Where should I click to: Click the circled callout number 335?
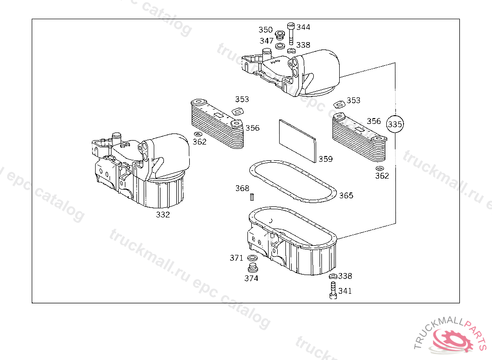click(395, 124)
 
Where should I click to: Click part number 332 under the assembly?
click(163, 215)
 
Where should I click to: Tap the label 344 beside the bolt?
click(303, 27)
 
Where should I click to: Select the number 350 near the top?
click(265, 30)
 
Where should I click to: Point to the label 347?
click(267, 41)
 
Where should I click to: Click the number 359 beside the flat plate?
click(325, 159)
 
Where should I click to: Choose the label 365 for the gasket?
click(346, 195)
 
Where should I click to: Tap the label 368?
click(242, 188)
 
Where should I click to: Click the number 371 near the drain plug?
click(236, 258)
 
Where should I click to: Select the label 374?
click(251, 278)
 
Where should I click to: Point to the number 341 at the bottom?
click(345, 291)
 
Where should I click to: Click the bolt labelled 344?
click(290, 32)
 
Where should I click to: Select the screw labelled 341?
click(332, 290)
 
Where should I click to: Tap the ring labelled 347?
click(279, 46)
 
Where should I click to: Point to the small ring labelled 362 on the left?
click(198, 134)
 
